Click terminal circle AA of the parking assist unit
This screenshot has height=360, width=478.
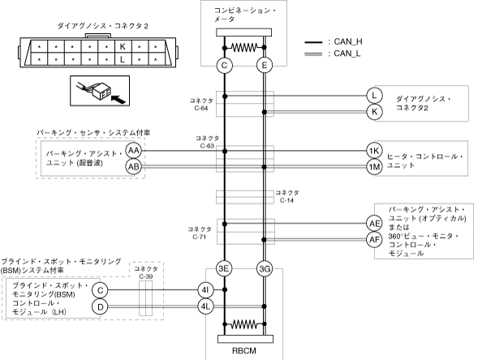tap(134, 151)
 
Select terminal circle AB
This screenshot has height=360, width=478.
tap(134, 166)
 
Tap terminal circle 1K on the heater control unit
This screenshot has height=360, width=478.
tap(374, 151)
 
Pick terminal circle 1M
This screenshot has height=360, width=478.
tap(374, 167)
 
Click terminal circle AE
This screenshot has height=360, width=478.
tap(374, 224)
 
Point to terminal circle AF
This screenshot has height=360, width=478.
tap(374, 240)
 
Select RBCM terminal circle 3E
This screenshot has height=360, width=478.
tap(224, 268)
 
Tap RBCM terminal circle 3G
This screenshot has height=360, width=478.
tap(265, 268)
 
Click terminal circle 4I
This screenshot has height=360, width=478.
tap(205, 290)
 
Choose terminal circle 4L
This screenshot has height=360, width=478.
tap(205, 306)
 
